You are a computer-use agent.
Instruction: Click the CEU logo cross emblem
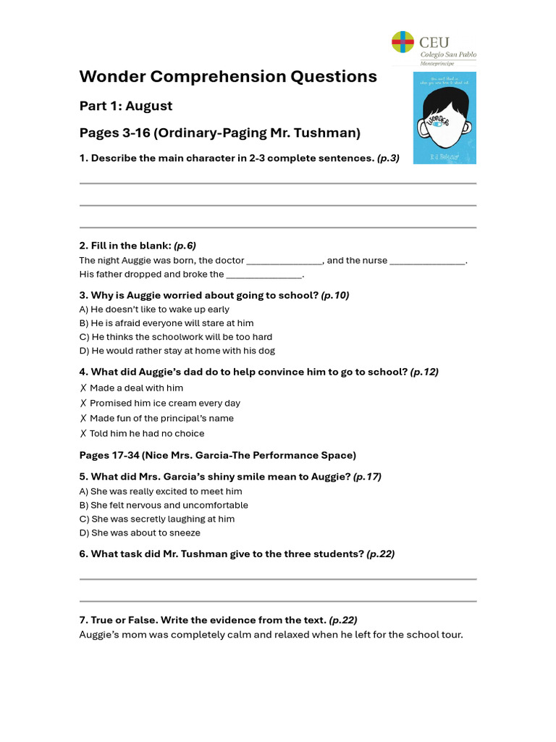(403, 43)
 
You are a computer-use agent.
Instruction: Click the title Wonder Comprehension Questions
(228, 77)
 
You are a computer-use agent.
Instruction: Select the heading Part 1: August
(126, 106)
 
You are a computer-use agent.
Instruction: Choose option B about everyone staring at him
(167, 323)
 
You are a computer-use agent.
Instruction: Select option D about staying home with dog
(177, 351)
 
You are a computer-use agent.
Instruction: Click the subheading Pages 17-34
(217, 455)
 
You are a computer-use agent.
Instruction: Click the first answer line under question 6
(277, 578)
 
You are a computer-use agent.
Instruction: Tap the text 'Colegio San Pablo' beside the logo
(448, 54)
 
